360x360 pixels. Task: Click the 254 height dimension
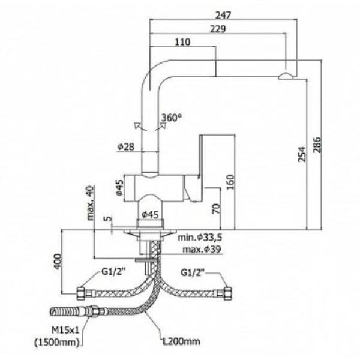[x=302, y=157]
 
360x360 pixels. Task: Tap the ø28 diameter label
[x=125, y=146]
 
